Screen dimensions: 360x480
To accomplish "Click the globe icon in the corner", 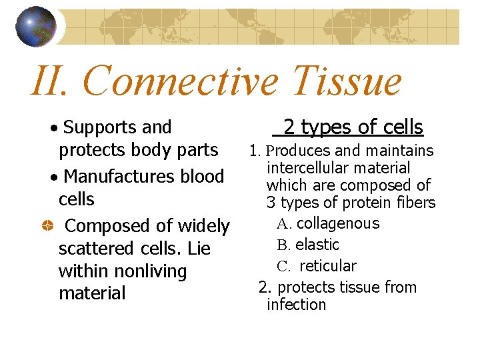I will pyautogui.click(x=37, y=27).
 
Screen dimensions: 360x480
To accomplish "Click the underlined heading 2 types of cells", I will pyautogui.click(x=353, y=127).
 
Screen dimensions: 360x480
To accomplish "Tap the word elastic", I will pyautogui.click(x=317, y=245).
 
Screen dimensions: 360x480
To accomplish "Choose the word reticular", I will pyautogui.click(x=328, y=266).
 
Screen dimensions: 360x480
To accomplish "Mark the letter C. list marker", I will pyautogui.click(x=285, y=267).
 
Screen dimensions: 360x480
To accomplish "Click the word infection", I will pyautogui.click(x=296, y=305).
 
